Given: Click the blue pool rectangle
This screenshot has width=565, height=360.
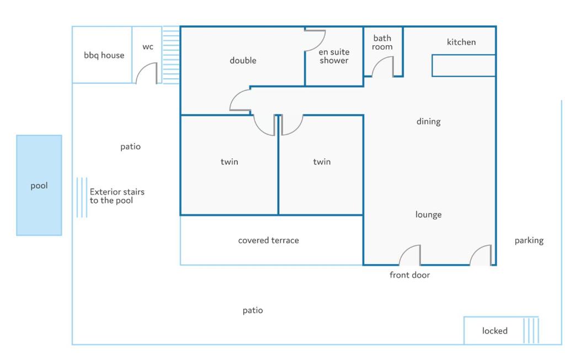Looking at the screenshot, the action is coord(39,185).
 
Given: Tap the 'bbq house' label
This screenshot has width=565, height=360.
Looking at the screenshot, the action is coord(104,55).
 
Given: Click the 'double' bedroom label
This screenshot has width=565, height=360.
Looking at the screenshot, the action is coord(243,60).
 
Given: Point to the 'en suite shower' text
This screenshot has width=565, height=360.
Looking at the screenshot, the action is coord(334,56).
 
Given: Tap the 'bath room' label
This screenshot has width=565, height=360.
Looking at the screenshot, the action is coord(382,42).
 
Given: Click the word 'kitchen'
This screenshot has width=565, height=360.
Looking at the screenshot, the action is coord(461,42).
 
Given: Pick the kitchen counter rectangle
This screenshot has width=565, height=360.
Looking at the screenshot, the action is coord(463,66).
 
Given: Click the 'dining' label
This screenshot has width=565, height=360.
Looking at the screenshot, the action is coord(428,121).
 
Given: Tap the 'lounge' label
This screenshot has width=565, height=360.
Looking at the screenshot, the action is coord(428,214).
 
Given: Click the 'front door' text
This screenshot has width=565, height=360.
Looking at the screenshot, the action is coord(410,275).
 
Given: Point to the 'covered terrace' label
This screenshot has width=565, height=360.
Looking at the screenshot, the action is coord(269,240).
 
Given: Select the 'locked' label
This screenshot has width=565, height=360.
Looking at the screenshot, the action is coord(495,330).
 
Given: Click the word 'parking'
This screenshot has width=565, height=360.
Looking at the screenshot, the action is coord(529,240).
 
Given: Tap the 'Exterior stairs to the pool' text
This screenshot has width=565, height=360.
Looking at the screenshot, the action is coord(117,196).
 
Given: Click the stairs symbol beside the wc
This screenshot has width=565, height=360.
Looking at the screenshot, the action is coord(171,55).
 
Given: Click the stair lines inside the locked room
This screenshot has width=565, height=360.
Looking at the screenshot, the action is coord(531,330).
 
